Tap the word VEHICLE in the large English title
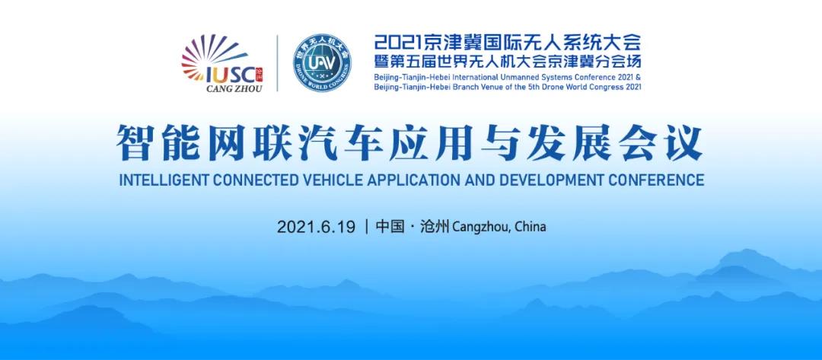coord(330,180)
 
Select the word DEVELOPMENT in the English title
coord(550,180)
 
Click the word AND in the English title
coord(479,180)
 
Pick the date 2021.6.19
coord(316,227)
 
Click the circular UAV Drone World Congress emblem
coord(322,63)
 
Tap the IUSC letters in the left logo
coord(231,75)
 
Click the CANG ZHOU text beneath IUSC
coord(234,88)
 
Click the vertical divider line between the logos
coord(277,63)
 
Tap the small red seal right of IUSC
coord(259,75)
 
